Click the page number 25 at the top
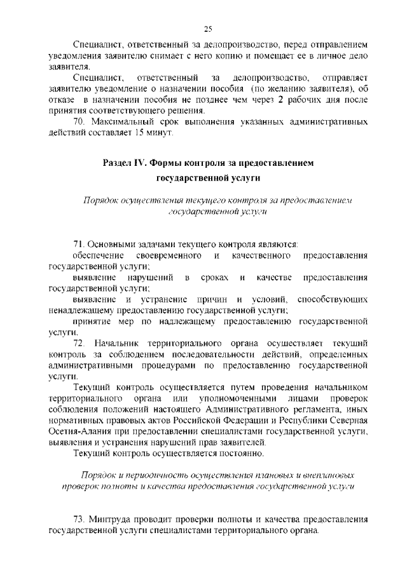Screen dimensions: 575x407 (208, 28)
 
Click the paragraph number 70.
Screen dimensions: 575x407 (80, 121)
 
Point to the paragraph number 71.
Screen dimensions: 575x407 (80, 243)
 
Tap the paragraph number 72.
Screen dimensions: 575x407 (80, 344)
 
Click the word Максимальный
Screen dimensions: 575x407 (127, 121)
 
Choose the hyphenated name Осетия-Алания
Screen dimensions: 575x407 (85, 431)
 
